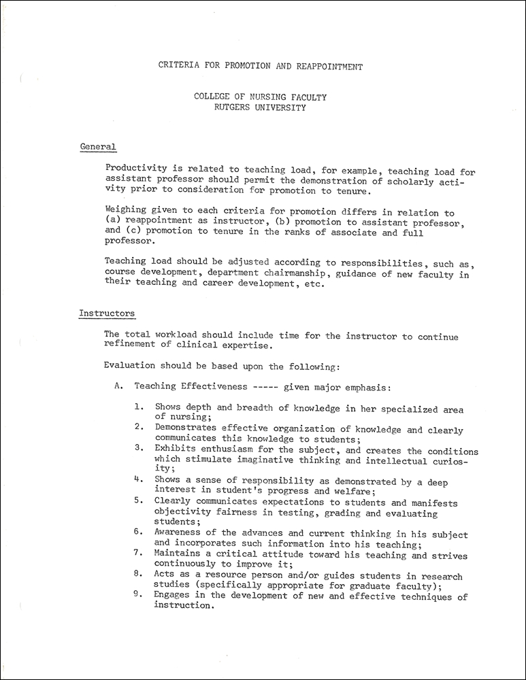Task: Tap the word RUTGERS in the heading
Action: pos(234,107)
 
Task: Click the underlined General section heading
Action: pos(98,146)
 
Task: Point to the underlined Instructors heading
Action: pos(107,313)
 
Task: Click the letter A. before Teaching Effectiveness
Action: pos(118,386)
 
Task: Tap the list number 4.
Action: pos(138,480)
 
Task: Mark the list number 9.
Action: pos(138,596)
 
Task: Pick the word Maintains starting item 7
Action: pos(179,556)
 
